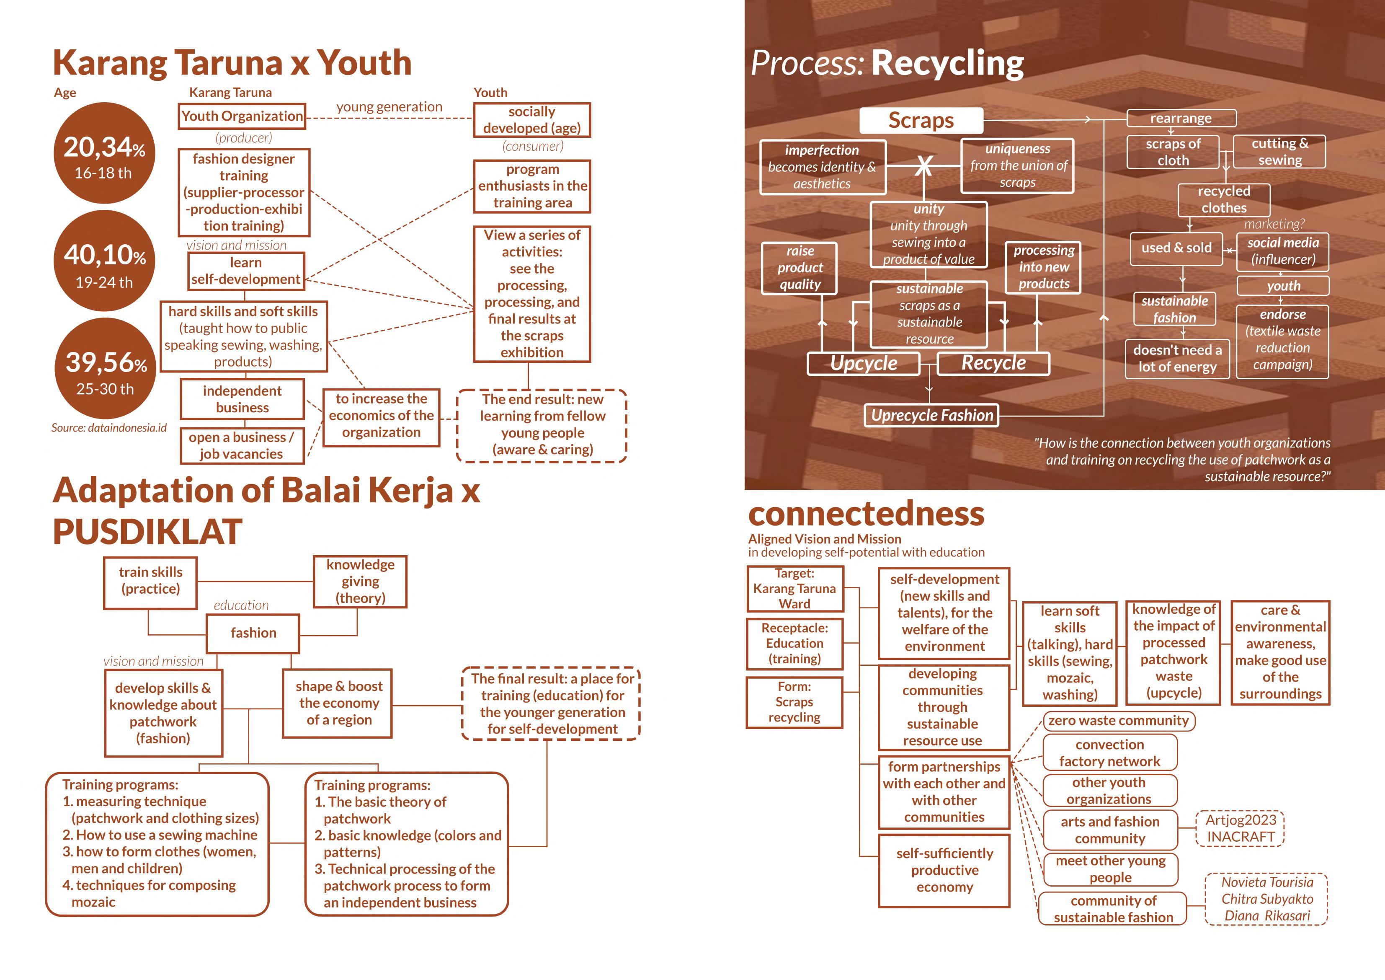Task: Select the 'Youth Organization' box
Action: [x=242, y=116]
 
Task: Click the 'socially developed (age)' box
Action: [x=531, y=120]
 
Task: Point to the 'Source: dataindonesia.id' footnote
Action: [x=108, y=428]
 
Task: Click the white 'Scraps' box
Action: [x=921, y=121]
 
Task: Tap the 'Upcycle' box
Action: [x=863, y=363]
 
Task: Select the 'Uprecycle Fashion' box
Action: [x=931, y=415]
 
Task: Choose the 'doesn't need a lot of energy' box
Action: [x=1177, y=359]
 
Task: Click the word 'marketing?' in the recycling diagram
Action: [x=1274, y=224]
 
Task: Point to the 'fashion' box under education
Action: [x=253, y=633]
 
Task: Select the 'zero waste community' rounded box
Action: [x=1118, y=721]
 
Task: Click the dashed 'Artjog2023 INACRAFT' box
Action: [x=1240, y=828]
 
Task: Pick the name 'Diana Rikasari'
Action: [x=1267, y=915]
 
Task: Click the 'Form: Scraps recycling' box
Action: [x=794, y=702]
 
